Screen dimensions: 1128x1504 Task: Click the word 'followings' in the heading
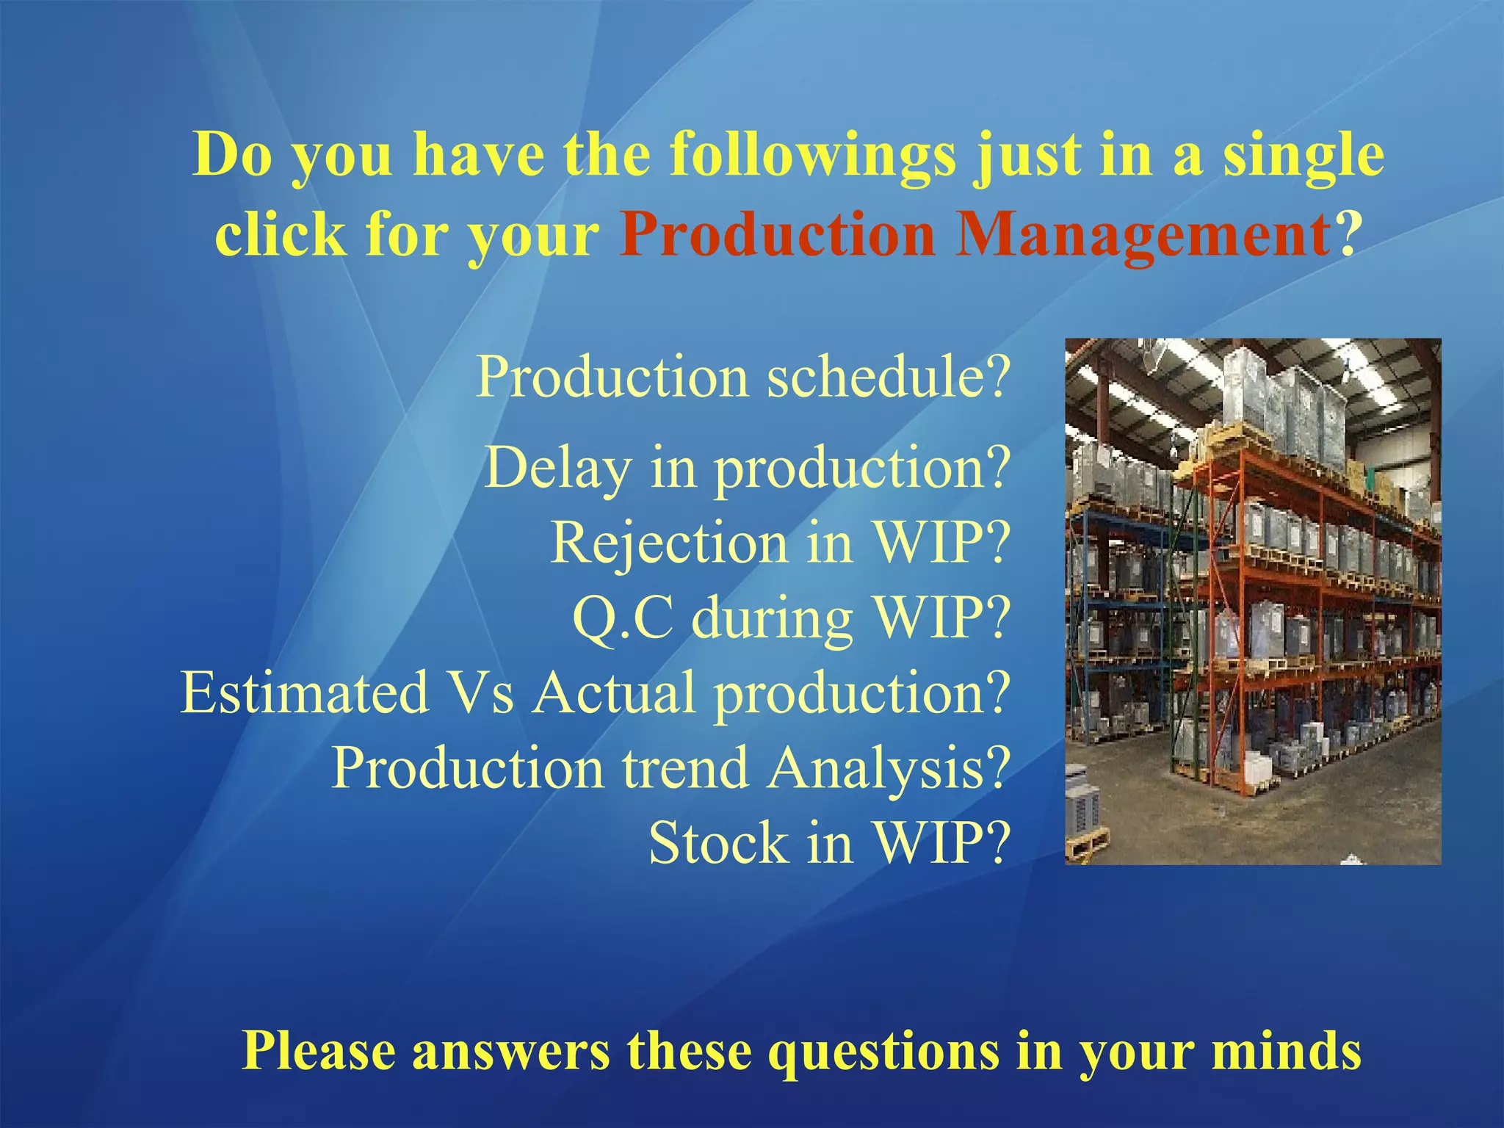tap(812, 156)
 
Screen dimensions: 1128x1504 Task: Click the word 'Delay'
tap(557, 469)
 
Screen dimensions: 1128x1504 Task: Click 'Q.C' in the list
tap(622, 618)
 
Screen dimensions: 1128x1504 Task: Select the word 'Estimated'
tap(305, 693)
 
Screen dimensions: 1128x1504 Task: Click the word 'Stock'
tap(717, 843)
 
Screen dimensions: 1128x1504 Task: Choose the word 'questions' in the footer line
tap(883, 1052)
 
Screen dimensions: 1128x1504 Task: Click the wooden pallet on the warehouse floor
tap(1088, 844)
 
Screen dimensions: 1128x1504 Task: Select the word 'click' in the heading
tap(280, 235)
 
